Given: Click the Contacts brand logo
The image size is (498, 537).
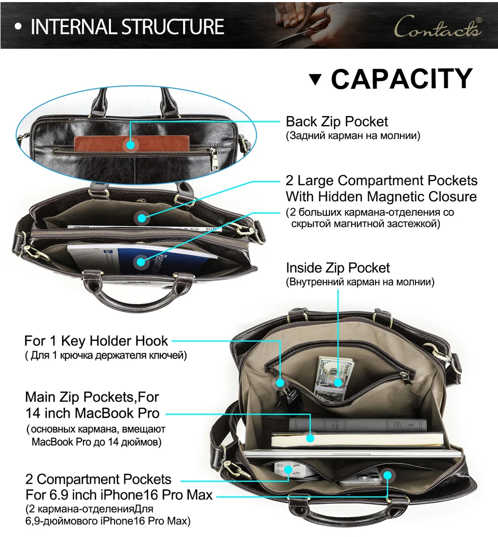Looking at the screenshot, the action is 438,26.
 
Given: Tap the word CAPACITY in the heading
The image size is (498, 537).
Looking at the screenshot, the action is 402,79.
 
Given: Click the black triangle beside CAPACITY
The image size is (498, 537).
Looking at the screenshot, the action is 315,79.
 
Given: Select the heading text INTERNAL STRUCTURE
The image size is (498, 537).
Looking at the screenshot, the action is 128,26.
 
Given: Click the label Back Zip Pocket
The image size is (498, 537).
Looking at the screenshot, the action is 337,121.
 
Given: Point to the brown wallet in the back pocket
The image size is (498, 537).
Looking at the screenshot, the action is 132,144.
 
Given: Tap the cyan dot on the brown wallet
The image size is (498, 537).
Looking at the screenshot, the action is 131,145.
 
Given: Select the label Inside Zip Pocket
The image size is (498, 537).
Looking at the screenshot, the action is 338,268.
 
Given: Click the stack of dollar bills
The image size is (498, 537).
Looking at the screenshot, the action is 332,378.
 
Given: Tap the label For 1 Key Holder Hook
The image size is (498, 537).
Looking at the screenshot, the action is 96,341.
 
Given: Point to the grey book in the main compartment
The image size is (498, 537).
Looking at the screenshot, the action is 358,425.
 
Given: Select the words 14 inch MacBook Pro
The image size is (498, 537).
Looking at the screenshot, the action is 92,413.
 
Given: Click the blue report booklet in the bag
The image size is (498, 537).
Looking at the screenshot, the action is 142,259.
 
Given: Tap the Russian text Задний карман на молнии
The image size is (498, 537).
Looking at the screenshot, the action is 353,136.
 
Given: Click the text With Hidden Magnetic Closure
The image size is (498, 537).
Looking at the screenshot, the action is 381,197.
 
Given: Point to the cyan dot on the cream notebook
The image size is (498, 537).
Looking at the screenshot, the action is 310,438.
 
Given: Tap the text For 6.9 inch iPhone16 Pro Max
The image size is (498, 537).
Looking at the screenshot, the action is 119,495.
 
